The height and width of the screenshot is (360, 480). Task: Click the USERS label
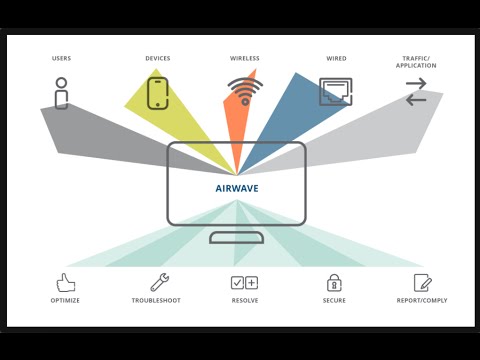[61, 58]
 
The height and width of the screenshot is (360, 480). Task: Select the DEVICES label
[158, 58]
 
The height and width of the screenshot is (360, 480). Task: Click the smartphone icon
[158, 93]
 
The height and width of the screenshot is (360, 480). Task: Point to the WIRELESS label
[245, 58]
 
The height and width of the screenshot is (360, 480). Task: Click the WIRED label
[336, 58]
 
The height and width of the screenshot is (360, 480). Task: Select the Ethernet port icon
[336, 92]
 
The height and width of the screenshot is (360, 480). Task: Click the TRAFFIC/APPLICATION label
[416, 62]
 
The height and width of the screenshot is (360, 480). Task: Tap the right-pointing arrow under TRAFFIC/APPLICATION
[416, 83]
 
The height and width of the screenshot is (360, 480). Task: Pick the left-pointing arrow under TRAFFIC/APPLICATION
[416, 100]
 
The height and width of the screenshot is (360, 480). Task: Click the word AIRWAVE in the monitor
[237, 188]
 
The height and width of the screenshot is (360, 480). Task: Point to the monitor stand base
[237, 238]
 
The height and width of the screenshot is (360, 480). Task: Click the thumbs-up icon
[66, 283]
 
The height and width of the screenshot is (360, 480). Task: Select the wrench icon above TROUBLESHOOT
[160, 282]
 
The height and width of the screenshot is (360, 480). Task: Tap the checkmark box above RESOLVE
[237, 283]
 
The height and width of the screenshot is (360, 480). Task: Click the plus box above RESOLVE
[252, 283]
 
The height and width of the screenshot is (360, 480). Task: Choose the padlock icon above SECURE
[334, 283]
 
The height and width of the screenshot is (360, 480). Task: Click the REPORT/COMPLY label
[422, 300]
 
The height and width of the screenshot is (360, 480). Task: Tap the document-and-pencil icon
[423, 283]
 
